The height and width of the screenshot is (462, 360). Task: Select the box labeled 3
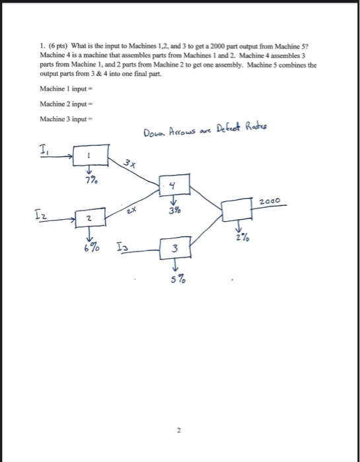click(x=174, y=248)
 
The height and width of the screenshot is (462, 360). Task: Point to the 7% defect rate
click(x=89, y=180)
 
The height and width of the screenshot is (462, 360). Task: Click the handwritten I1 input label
click(x=42, y=150)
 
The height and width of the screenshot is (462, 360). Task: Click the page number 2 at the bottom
click(x=178, y=430)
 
